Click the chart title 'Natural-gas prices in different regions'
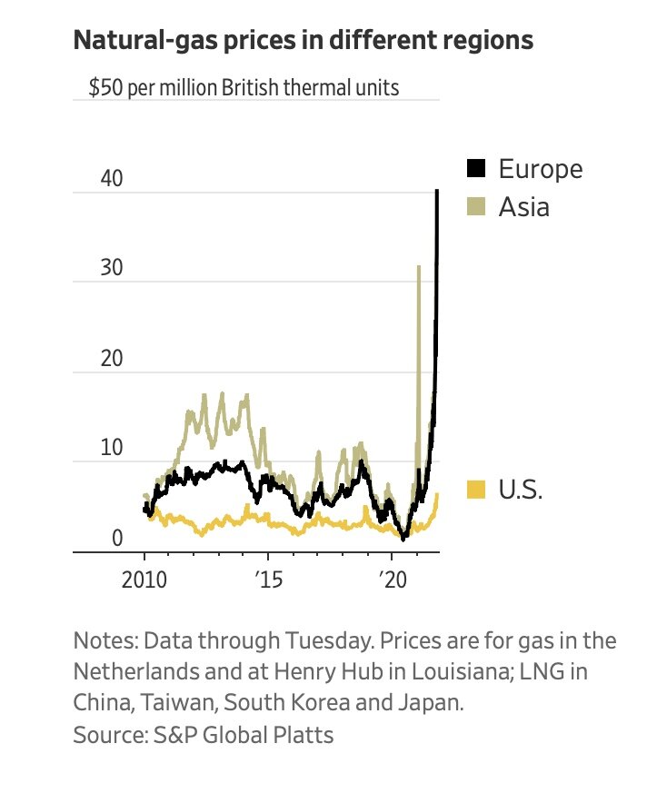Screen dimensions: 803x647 pos(303,42)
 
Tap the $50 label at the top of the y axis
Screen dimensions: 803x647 pos(107,88)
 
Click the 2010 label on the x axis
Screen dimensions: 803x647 pos(144,580)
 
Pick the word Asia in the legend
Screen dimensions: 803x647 pos(523,207)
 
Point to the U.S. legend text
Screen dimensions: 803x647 pos(520,491)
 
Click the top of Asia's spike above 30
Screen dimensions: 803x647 pos(418,266)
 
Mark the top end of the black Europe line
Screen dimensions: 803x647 pos(437,191)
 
